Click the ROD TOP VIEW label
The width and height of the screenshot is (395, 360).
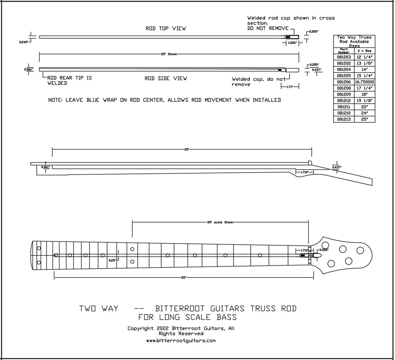(x=166, y=29)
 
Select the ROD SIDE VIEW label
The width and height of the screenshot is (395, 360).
(x=166, y=79)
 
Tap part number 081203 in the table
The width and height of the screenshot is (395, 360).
(x=344, y=57)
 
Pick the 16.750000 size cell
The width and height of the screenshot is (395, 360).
(x=364, y=82)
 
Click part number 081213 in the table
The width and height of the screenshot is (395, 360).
(x=344, y=119)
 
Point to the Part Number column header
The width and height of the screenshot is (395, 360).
(x=344, y=51)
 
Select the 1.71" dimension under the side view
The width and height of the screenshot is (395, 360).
(x=290, y=86)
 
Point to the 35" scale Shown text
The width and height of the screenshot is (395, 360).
(x=220, y=223)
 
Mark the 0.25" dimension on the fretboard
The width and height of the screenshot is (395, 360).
(x=112, y=260)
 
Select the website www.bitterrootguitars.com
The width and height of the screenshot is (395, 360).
(x=181, y=341)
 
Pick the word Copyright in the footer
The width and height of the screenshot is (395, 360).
(x=141, y=328)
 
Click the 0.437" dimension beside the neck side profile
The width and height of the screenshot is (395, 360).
(x=336, y=168)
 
